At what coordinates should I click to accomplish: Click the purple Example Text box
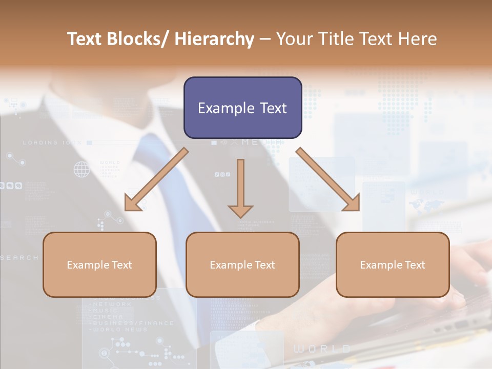tap(242, 108)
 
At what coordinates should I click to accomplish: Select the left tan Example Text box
tap(99, 264)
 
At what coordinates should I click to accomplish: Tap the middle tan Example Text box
tap(242, 264)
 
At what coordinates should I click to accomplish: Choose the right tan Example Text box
tap(393, 264)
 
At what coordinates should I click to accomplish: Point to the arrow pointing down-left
tap(156, 179)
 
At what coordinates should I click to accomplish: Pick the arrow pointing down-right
tap(328, 179)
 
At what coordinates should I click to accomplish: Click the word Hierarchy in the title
tap(214, 39)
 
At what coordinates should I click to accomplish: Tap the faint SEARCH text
tap(19, 258)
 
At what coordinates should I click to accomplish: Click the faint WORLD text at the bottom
tap(322, 350)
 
